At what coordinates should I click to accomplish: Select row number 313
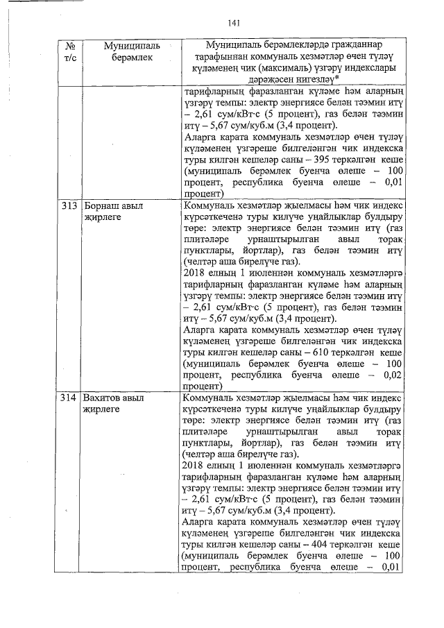click(67, 207)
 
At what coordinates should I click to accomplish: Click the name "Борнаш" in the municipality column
click(100, 207)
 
